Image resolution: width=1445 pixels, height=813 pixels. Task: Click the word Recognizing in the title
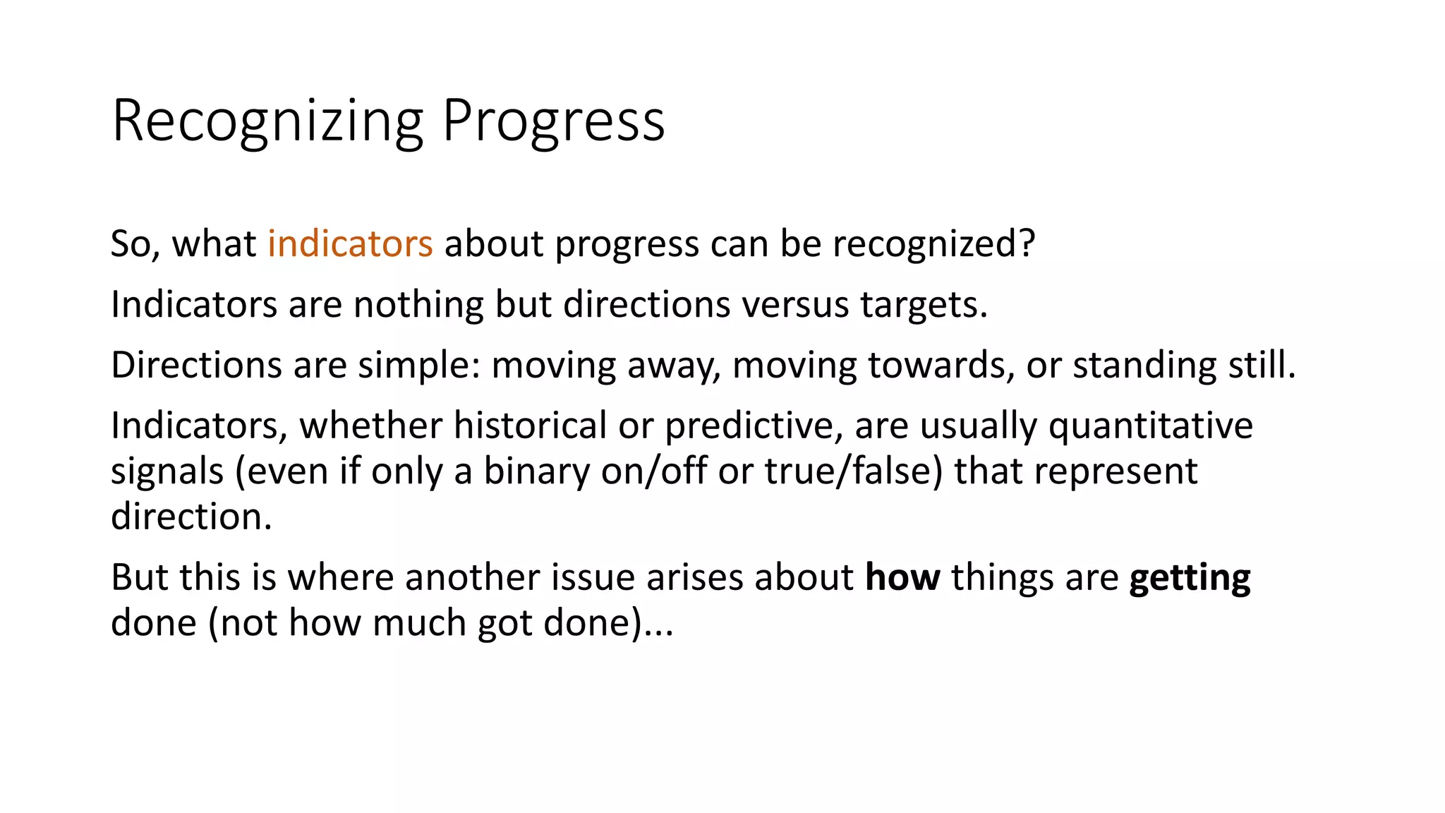(x=267, y=121)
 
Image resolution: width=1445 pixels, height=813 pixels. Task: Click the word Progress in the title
(x=553, y=121)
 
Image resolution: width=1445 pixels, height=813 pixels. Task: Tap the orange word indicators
(x=350, y=244)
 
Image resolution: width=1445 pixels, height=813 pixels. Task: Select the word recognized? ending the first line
(x=933, y=244)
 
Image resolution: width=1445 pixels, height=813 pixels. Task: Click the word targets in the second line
(x=923, y=305)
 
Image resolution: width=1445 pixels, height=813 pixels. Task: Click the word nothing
(x=418, y=305)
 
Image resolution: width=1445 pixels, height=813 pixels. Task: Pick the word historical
(x=530, y=426)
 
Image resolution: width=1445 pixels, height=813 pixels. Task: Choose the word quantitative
(x=1150, y=426)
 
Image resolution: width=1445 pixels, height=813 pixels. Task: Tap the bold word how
(x=902, y=577)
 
